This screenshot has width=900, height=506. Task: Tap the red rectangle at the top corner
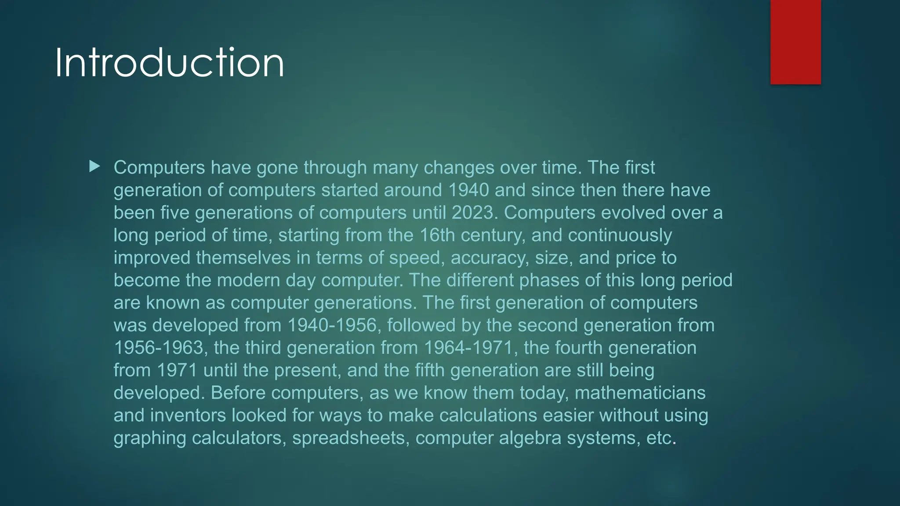(x=795, y=42)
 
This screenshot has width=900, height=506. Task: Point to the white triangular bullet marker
(x=94, y=166)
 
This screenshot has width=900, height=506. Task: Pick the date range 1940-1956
(x=332, y=325)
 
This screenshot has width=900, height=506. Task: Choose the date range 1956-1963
(x=159, y=348)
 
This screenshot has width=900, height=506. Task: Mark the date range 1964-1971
(x=468, y=348)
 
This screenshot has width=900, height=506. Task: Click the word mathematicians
(x=640, y=393)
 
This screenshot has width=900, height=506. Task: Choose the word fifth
(x=430, y=370)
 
